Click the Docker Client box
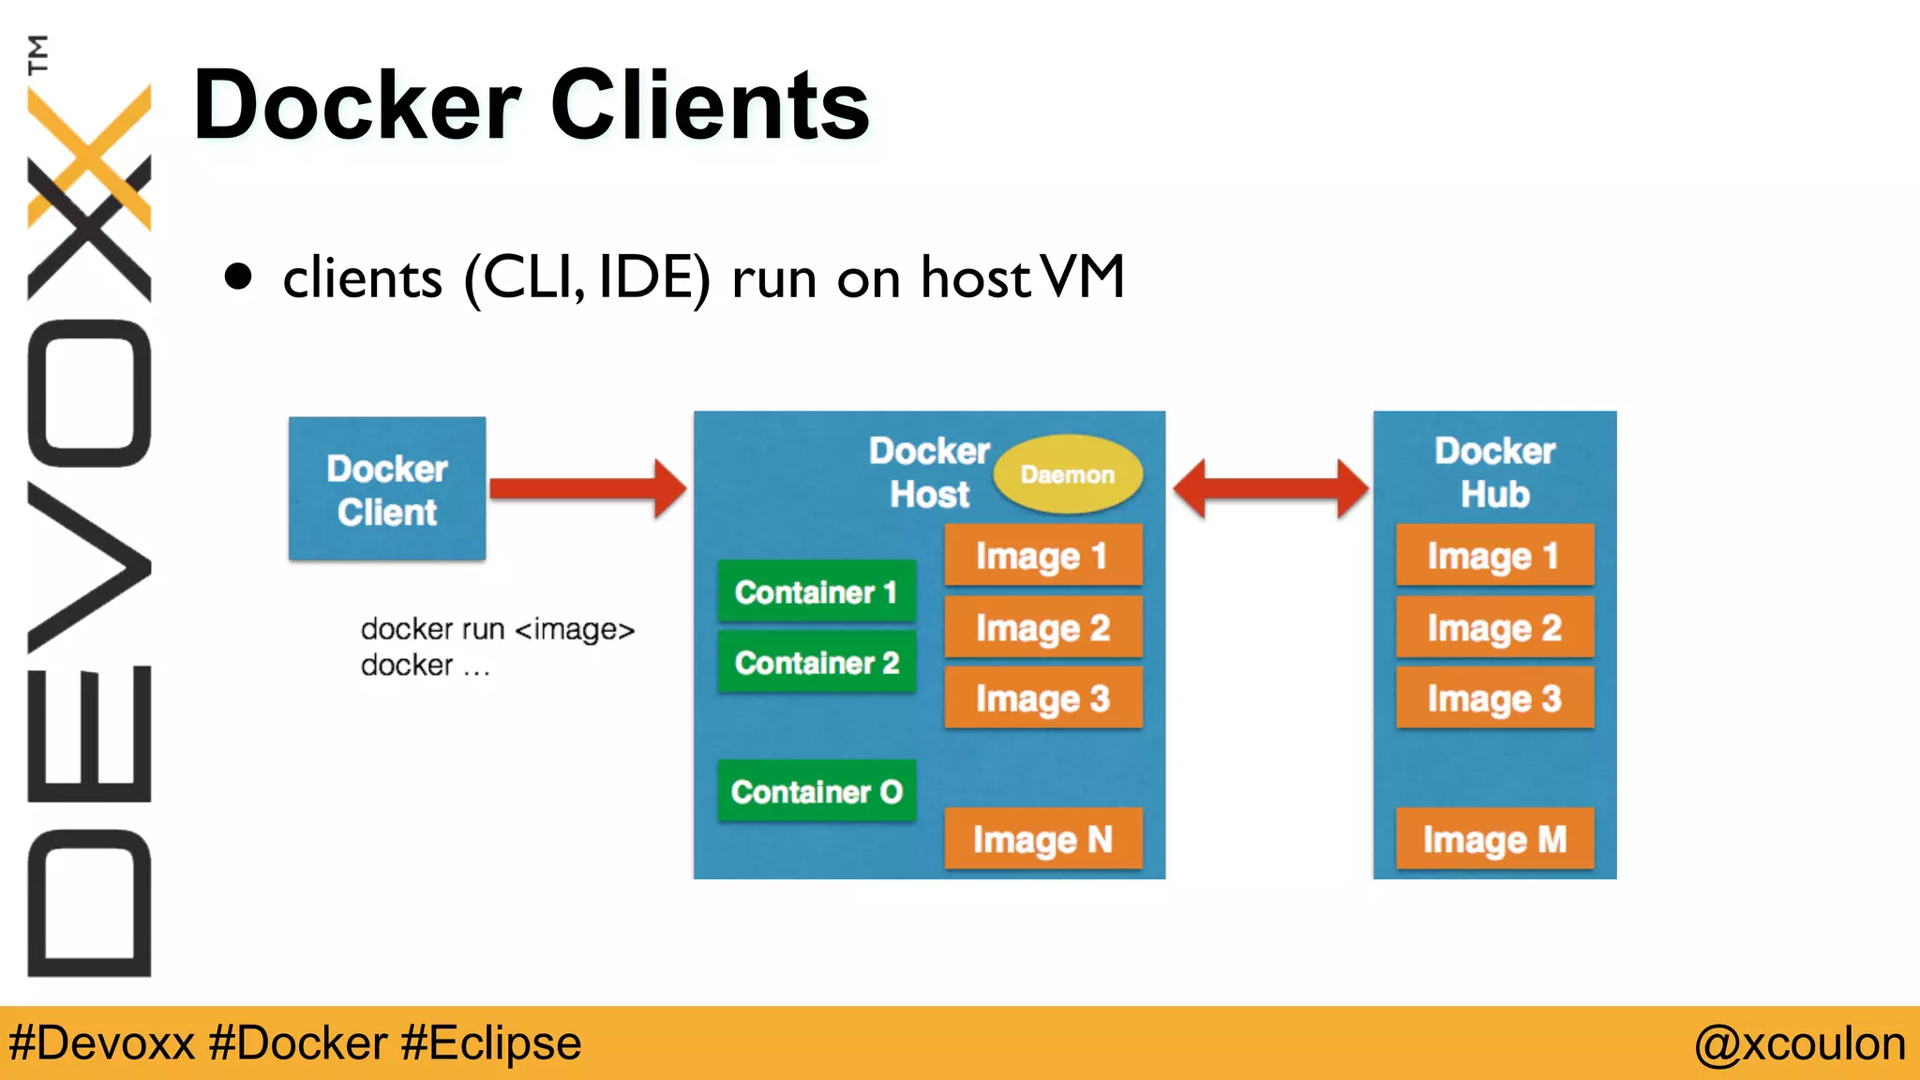(x=386, y=489)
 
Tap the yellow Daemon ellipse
(x=1067, y=474)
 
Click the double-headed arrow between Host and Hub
(x=1269, y=488)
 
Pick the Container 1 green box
(x=816, y=592)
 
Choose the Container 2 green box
(x=816, y=663)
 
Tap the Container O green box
(x=816, y=791)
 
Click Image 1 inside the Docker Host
(x=1042, y=556)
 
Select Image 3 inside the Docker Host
(x=1042, y=698)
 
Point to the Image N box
(x=1042, y=839)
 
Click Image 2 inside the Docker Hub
(x=1494, y=627)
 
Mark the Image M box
(x=1494, y=839)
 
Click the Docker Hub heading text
(x=1494, y=472)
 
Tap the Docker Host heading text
(x=928, y=472)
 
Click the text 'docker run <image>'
(x=497, y=629)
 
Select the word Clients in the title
(x=710, y=106)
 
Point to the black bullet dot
(x=239, y=277)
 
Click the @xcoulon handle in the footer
(x=1799, y=1043)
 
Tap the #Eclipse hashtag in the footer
(x=490, y=1043)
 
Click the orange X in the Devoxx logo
(x=90, y=155)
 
